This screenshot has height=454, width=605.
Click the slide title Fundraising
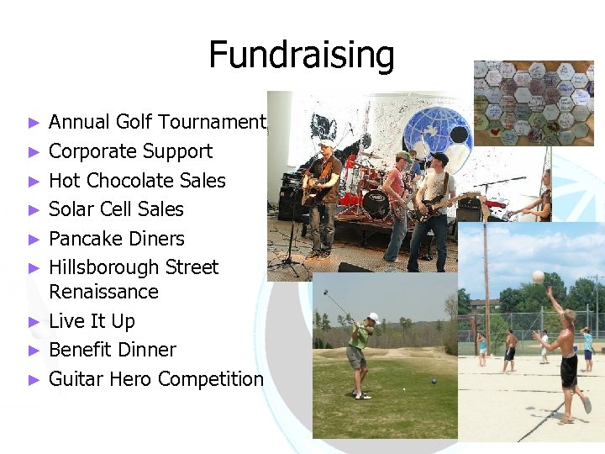point(301,55)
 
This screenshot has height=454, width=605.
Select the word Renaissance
point(103,292)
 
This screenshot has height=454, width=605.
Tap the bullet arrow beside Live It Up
point(34,321)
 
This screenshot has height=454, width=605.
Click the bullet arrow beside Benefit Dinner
point(34,350)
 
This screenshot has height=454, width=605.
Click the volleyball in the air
point(538,276)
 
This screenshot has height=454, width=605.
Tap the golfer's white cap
point(372,318)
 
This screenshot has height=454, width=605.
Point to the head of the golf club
point(326,293)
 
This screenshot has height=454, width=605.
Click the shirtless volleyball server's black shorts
point(569,370)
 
